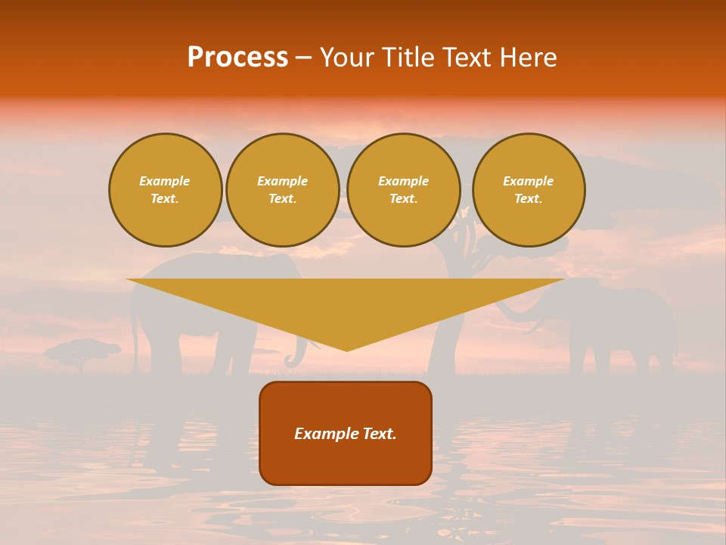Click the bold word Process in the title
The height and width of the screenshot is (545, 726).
pyautogui.click(x=237, y=58)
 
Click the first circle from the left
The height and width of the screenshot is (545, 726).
pyautogui.click(x=165, y=190)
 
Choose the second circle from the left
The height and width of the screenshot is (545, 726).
pyautogui.click(x=283, y=190)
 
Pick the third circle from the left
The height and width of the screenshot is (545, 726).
pyautogui.click(x=404, y=190)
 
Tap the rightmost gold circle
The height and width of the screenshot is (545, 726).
pyautogui.click(x=529, y=190)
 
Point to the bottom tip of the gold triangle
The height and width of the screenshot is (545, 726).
pyautogui.click(x=346, y=350)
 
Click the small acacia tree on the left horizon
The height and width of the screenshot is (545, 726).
pyautogui.click(x=82, y=353)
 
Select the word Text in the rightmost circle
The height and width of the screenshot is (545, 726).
pyautogui.click(x=528, y=199)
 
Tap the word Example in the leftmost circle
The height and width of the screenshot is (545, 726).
pyautogui.click(x=165, y=181)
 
